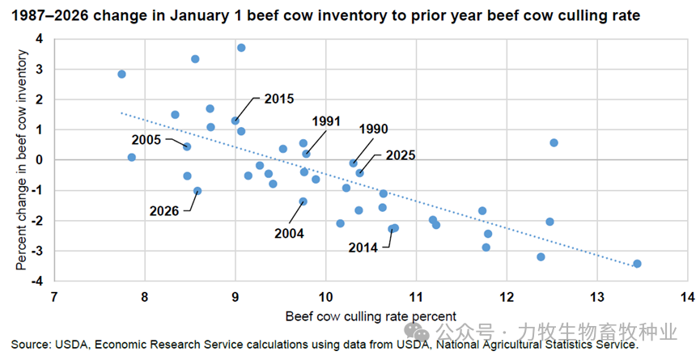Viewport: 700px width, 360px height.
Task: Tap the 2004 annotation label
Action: click(288, 233)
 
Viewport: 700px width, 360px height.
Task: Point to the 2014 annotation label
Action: click(363, 248)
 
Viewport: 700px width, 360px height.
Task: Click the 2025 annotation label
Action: click(402, 155)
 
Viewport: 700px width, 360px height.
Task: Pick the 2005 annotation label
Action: click(148, 139)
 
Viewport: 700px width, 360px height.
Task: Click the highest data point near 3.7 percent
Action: click(241, 48)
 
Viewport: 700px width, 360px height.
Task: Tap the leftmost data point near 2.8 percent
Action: click(121, 74)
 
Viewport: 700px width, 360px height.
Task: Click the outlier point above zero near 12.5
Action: click(554, 142)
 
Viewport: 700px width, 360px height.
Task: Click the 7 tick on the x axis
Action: click(54, 297)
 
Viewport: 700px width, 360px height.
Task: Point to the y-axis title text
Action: click(22, 159)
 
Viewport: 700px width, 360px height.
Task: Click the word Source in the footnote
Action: click(30, 345)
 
